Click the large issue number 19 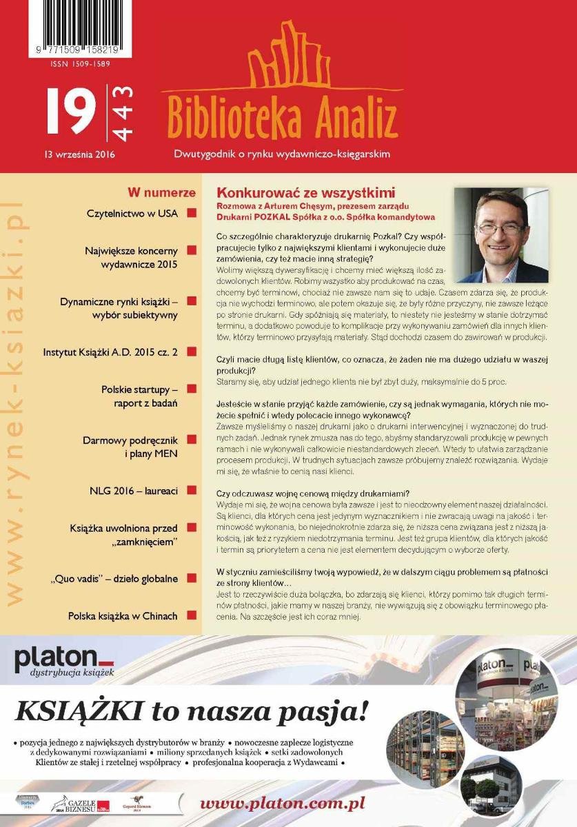tap(71, 111)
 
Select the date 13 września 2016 tap(79, 154)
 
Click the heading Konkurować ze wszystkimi tap(306, 193)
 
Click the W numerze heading tap(161, 193)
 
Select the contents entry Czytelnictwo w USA tap(132, 214)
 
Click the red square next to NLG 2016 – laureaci tap(192, 491)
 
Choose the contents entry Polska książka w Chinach tap(123, 615)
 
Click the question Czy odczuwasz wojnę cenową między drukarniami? tap(312, 493)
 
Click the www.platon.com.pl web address tap(282, 804)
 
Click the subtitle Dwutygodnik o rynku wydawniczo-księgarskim tap(282, 154)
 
